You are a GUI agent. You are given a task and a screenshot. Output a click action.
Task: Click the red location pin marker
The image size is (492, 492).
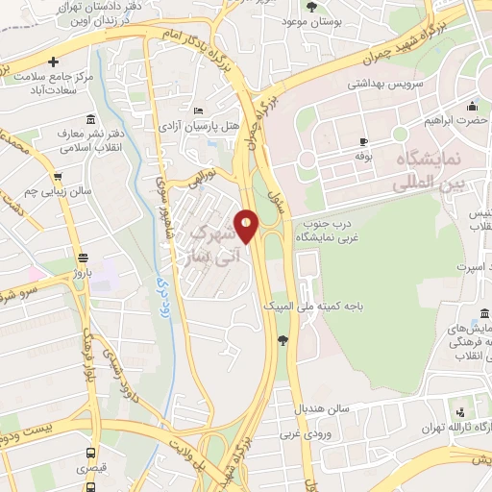click(x=247, y=226)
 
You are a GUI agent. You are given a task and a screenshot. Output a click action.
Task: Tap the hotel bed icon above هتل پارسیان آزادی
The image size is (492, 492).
click(x=198, y=111)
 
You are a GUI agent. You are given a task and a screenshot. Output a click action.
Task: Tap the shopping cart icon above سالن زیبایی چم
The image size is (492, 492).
click(x=59, y=177)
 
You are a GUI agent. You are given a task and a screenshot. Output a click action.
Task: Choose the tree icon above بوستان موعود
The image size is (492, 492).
click(x=309, y=7)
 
